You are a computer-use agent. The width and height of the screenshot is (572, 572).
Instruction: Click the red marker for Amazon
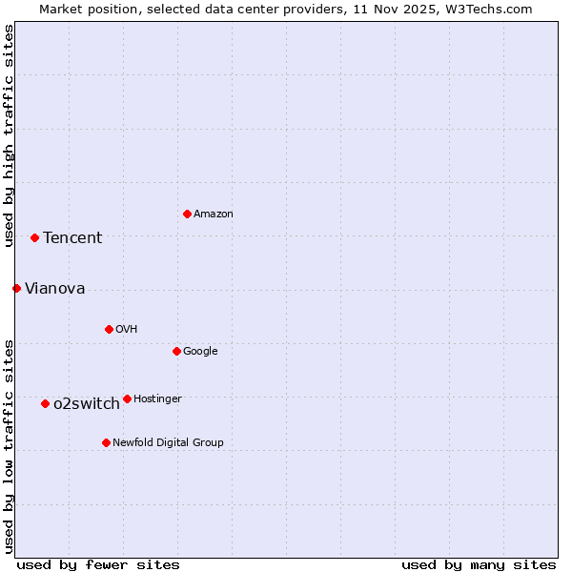187,214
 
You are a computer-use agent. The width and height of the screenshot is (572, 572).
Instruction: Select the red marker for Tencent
34,237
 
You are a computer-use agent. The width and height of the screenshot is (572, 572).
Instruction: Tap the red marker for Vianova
16,288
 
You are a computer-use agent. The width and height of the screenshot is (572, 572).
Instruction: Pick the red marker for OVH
109,329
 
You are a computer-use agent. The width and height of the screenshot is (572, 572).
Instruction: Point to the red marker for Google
176,351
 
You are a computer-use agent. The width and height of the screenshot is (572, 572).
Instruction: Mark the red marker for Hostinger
127,398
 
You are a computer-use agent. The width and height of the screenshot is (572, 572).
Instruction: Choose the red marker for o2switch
45,403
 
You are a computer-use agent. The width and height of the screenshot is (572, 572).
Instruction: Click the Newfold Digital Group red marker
106,442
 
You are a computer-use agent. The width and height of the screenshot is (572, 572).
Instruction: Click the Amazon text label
214,214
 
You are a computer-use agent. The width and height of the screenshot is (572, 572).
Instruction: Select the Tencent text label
72,238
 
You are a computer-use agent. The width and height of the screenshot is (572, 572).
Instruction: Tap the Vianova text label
54,289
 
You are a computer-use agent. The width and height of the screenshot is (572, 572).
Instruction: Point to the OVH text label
127,330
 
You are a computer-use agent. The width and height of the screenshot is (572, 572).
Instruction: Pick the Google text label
200,352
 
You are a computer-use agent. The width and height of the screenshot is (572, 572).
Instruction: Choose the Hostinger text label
157,399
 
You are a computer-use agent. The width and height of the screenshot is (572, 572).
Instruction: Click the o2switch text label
87,404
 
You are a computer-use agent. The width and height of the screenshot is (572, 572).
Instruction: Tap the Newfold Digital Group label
168,443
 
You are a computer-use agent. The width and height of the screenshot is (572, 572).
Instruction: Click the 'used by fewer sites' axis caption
98,564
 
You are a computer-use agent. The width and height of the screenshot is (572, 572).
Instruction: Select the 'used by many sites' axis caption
479,564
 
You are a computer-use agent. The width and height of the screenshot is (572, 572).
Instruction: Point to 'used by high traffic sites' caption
9,135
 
